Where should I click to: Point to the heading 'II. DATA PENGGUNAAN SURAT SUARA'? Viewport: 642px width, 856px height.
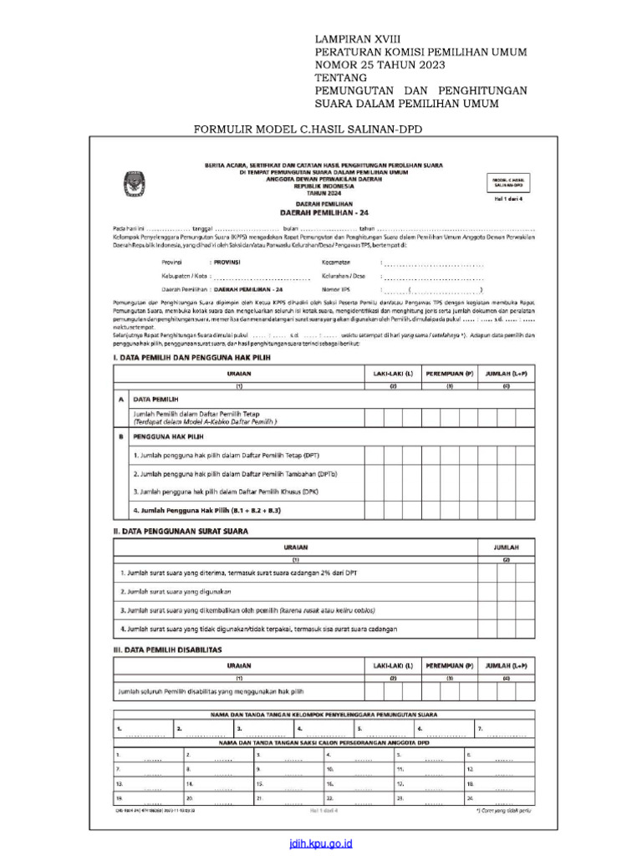[181, 531]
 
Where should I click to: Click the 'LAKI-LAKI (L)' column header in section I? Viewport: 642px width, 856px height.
[392, 374]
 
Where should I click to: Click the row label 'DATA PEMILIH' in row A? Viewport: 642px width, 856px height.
[156, 400]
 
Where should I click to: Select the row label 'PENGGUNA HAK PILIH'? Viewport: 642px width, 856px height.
[168, 436]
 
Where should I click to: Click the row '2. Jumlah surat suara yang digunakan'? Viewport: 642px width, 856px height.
[174, 591]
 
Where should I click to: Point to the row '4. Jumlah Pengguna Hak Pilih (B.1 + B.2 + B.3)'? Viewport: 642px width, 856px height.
[206, 509]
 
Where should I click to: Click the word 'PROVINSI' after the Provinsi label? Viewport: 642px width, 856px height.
[227, 262]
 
